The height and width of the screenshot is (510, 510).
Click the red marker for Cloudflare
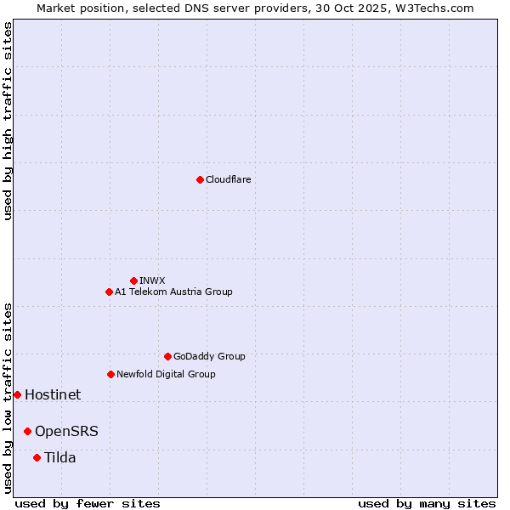pyautogui.click(x=200, y=179)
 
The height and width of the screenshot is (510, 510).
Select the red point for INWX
pyautogui.click(x=133, y=280)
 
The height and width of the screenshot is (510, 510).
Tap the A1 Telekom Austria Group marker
pyautogui.click(x=109, y=292)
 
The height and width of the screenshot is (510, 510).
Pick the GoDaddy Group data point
pyautogui.click(x=167, y=356)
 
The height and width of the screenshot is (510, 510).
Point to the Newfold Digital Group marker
pyautogui.click(x=110, y=374)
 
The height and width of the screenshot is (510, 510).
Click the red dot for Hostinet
pyautogui.click(x=17, y=394)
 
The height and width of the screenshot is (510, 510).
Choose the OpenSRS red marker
pyautogui.click(x=27, y=431)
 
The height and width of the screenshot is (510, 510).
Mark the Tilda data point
pyautogui.click(x=37, y=457)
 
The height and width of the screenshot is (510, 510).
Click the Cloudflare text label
pyautogui.click(x=228, y=179)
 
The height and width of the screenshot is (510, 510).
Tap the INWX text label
pyautogui.click(x=152, y=280)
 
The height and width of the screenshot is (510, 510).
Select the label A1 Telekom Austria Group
pyautogui.click(x=173, y=292)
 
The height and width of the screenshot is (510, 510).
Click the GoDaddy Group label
pyautogui.click(x=209, y=356)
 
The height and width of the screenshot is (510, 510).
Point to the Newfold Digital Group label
pyautogui.click(x=166, y=374)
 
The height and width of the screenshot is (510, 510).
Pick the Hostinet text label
pyautogui.click(x=53, y=394)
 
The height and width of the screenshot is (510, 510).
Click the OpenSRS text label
pyautogui.click(x=66, y=431)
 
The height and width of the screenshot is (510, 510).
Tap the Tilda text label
pyautogui.click(x=60, y=457)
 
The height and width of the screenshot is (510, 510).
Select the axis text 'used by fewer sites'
pyautogui.click(x=88, y=503)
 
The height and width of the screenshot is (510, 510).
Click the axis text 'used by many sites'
pyautogui.click(x=427, y=503)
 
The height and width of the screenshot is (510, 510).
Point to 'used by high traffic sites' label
pyautogui.click(x=8, y=121)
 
